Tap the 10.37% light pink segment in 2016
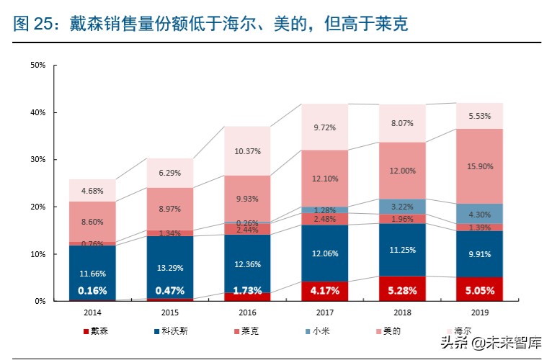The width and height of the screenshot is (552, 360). coord(246,151)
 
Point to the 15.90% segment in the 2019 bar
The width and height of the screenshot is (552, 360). coord(479,166)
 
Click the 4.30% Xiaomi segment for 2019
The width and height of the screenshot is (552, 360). coord(479,214)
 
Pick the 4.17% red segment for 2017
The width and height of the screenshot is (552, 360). coord(324,291)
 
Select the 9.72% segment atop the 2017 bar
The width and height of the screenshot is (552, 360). coord(324,127)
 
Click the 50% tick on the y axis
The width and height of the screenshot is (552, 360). coord(37,66)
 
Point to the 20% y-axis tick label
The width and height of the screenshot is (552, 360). coord(37,207)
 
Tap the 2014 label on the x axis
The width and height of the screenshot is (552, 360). coord(92,314)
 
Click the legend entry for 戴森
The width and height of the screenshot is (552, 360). coord(97,331)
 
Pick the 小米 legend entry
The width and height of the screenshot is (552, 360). coord(317,331)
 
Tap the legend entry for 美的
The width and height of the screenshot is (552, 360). coord(389,331)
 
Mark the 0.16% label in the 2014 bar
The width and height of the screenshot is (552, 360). coord(92,291)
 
